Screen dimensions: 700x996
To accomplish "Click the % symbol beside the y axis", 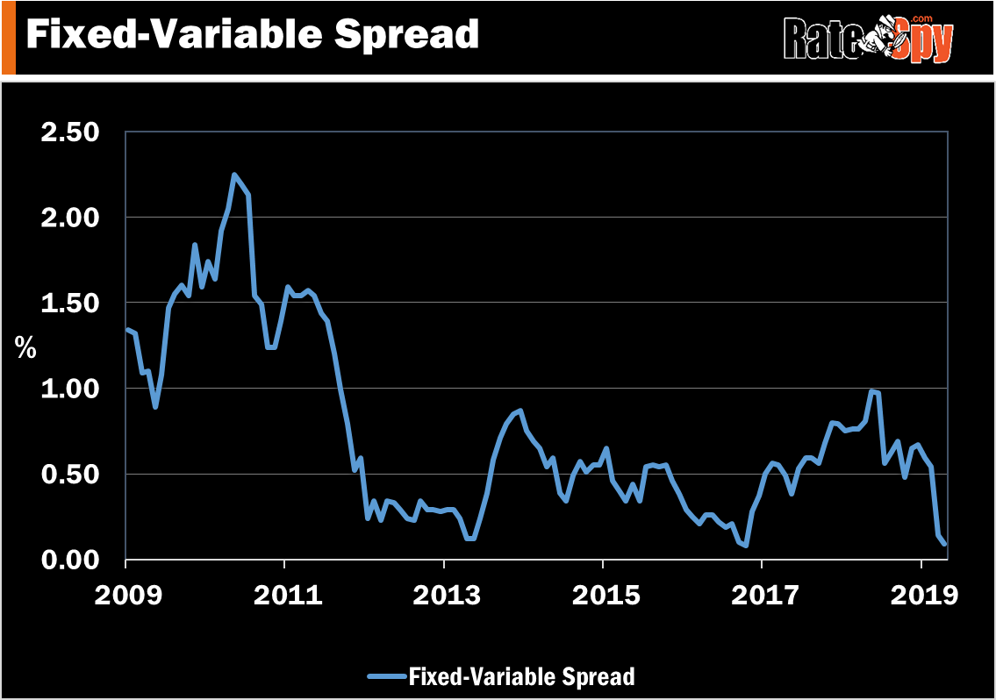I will point(25,347).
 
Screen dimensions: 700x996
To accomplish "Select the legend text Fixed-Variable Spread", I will point(520,676).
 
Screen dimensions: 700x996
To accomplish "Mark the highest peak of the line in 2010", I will point(234,175).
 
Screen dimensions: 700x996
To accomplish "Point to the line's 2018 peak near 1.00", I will point(871,391).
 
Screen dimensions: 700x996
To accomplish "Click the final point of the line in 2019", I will point(945,544).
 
